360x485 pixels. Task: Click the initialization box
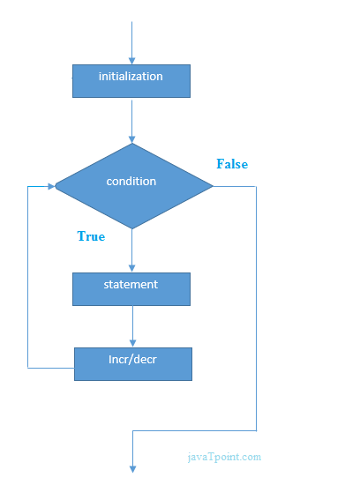(131, 80)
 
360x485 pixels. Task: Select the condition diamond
(132, 186)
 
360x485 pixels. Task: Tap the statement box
(131, 289)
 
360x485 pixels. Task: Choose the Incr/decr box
(132, 363)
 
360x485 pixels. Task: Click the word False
(232, 164)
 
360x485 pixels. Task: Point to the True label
(91, 236)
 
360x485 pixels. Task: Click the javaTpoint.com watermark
(224, 457)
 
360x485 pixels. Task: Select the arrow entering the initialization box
(131, 44)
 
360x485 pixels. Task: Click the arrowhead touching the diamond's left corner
(49, 186)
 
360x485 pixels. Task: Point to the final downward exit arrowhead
(132, 467)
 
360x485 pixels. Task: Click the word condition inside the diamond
(131, 181)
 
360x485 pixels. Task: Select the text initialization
(131, 77)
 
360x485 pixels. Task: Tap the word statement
(131, 284)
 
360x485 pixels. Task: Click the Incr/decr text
(132, 359)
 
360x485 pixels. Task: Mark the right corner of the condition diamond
(213, 186)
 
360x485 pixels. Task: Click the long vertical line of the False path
(256, 309)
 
